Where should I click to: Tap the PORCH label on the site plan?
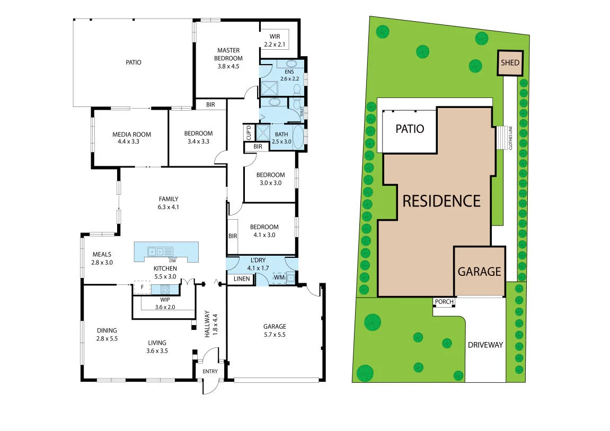click(x=444, y=302)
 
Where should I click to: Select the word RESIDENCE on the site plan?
click(x=441, y=201)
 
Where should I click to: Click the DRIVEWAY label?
click(x=485, y=345)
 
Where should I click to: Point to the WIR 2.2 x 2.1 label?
click(x=274, y=40)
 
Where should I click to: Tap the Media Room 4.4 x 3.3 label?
click(x=131, y=138)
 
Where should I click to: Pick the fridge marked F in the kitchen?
click(x=142, y=288)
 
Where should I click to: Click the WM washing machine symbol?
click(x=279, y=277)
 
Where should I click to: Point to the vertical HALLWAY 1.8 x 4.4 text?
click(x=211, y=325)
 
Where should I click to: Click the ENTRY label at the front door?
click(x=210, y=371)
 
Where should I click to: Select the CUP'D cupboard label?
click(x=248, y=132)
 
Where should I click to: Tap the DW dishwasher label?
click(x=172, y=261)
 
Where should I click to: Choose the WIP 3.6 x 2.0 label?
click(x=164, y=303)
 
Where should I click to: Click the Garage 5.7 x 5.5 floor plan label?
click(x=275, y=330)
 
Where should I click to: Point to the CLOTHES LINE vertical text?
click(x=510, y=138)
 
